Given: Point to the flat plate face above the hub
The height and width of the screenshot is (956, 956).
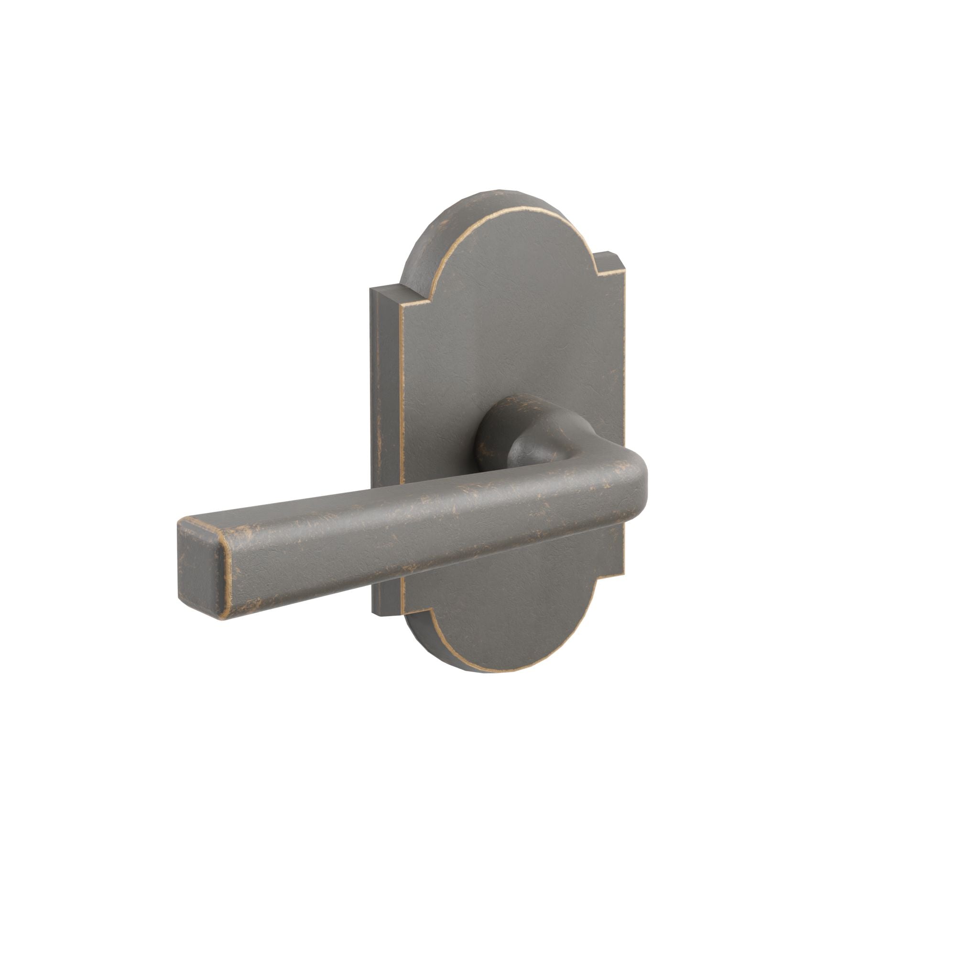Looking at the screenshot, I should pyautogui.click(x=510, y=322).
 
